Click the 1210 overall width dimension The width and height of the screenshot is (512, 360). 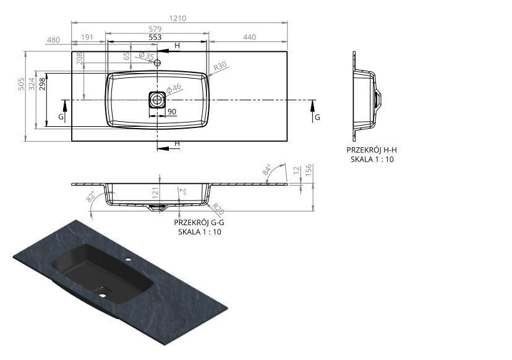pyautogui.click(x=177, y=19)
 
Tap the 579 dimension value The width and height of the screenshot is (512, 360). pyautogui.click(x=155, y=29)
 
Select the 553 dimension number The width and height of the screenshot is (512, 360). pyautogui.click(x=155, y=37)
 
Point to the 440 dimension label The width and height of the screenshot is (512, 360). pyautogui.click(x=249, y=37)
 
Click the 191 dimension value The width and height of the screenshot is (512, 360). pyautogui.click(x=87, y=37)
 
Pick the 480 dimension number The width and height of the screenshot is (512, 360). pyautogui.click(x=54, y=40)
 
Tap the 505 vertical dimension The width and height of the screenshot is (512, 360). pyautogui.click(x=21, y=84)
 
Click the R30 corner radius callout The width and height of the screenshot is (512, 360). pyautogui.click(x=220, y=67)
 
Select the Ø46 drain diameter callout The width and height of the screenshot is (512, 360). pyautogui.click(x=173, y=88)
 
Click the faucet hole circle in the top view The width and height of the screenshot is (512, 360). pyautogui.click(x=158, y=62)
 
